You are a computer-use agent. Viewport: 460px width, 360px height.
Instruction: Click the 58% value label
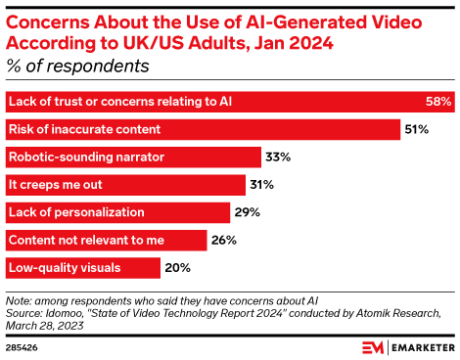[437, 102]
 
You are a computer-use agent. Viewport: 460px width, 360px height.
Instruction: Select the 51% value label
[417, 129]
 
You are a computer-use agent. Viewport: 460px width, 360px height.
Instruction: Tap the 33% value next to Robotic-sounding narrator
[279, 157]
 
